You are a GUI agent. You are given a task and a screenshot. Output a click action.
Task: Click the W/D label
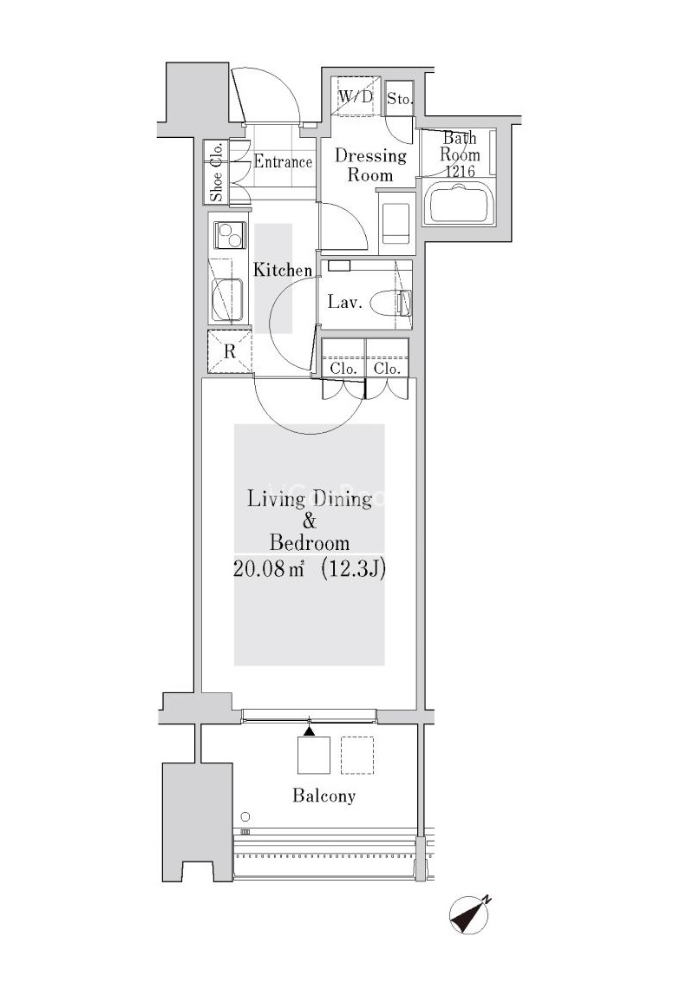coord(356,97)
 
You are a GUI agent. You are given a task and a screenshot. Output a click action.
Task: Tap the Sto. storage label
coord(399,99)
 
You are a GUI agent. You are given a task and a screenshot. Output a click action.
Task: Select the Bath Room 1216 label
coord(460,154)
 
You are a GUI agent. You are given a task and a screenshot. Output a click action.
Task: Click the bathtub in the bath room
coord(461,202)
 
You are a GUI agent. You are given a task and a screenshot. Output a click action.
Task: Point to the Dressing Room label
coord(370,165)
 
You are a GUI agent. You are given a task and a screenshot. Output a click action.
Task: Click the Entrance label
coord(283,161)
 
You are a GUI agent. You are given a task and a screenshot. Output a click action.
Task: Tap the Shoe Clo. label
coord(216,172)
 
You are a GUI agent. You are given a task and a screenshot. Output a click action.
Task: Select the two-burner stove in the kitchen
coord(229,235)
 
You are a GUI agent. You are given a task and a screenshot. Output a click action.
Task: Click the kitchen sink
coord(227,300)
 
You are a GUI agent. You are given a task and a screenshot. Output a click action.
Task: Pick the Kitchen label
coord(283,270)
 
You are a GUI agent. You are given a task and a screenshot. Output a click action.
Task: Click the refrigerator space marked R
coord(230,350)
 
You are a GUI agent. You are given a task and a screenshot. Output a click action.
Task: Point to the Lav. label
coord(344,302)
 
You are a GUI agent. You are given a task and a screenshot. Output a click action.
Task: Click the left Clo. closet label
coord(343,369)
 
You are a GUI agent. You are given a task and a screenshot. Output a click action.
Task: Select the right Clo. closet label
coord(387,369)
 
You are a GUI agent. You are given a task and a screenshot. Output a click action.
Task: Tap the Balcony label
coord(324,796)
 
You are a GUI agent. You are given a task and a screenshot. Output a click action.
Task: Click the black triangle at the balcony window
coord(309,731)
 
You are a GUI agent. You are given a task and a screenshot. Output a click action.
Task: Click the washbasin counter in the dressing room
coord(396,217)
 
